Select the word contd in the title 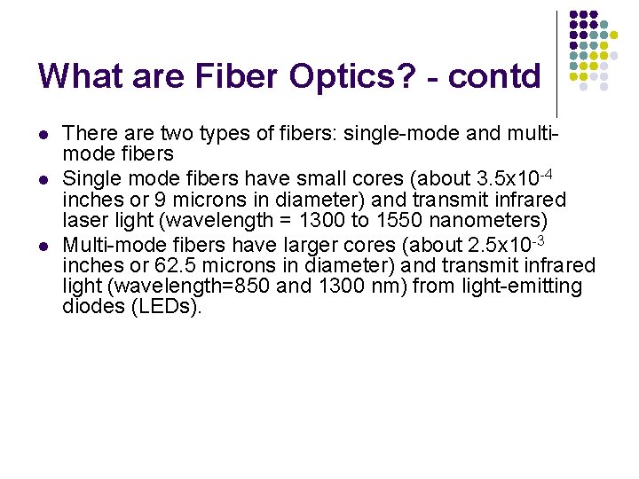click(x=494, y=76)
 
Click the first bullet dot click(x=43, y=134)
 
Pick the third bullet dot click(x=43, y=244)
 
